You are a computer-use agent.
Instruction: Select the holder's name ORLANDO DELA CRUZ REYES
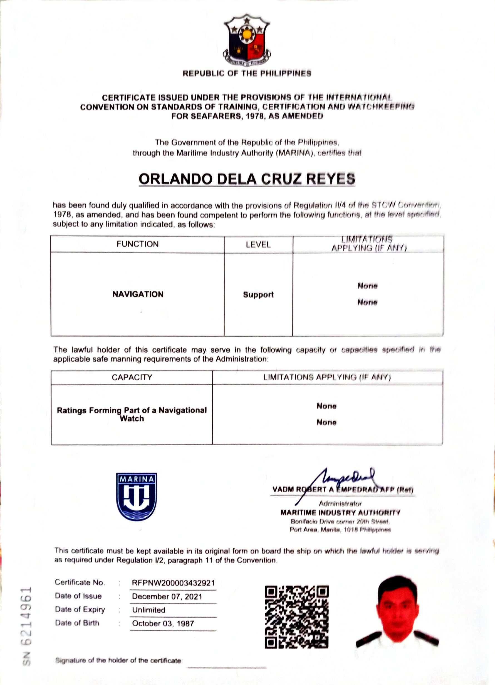click(247, 179)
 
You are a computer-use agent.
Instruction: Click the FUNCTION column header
click(137, 244)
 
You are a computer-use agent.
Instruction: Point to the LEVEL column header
click(258, 244)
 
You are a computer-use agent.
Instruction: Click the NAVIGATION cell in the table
click(138, 294)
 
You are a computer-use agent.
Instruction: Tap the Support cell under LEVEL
click(258, 294)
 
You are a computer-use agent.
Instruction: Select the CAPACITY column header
click(132, 377)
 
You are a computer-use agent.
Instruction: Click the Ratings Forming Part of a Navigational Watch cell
click(132, 414)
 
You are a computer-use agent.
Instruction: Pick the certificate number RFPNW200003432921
click(173, 583)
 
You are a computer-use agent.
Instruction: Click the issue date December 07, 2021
click(167, 597)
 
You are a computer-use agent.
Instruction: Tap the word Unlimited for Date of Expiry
click(149, 610)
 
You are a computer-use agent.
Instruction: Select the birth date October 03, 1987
click(163, 623)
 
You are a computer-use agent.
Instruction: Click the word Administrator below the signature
click(340, 503)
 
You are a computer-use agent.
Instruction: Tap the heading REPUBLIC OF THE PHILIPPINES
click(247, 73)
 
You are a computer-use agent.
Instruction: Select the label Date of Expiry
click(80, 609)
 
